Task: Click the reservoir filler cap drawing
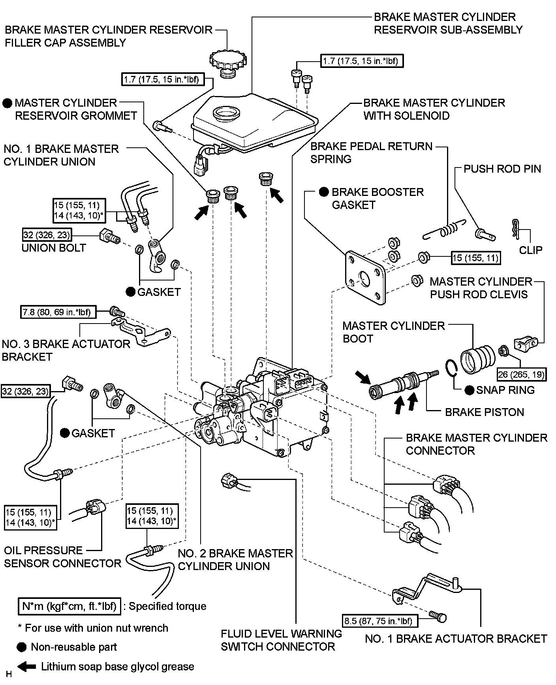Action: click(x=227, y=64)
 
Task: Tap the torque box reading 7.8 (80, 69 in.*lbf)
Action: click(x=57, y=312)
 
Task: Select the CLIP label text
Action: click(x=530, y=250)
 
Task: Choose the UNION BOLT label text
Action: click(x=54, y=248)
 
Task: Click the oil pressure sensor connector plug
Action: click(x=95, y=507)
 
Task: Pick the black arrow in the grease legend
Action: click(x=27, y=666)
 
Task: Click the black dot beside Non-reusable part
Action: click(x=22, y=647)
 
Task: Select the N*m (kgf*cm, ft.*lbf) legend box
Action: click(x=69, y=606)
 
